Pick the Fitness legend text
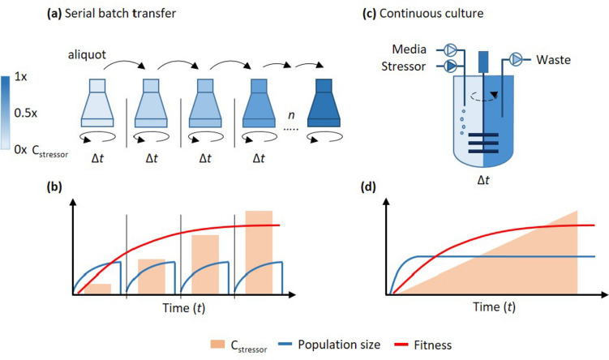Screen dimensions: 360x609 click(x=453, y=343)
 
